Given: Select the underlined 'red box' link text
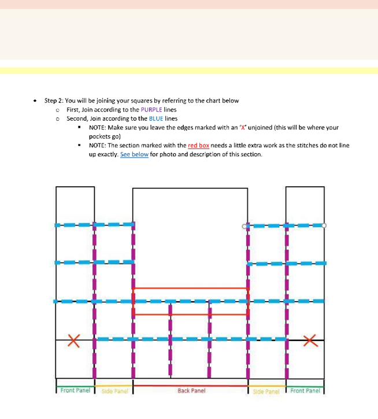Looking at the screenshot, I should click(x=198, y=146).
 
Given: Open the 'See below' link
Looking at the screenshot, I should click(x=134, y=155).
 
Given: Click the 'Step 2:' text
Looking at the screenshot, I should click(x=54, y=100).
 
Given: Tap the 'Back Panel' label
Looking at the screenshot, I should click(x=191, y=391).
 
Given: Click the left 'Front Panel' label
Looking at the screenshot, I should click(x=75, y=391).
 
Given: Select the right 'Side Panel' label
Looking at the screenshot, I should click(x=266, y=392).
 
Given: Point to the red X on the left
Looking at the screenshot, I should click(x=73, y=340).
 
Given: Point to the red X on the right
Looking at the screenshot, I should click(x=310, y=340).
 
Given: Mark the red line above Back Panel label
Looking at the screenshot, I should click(x=191, y=385).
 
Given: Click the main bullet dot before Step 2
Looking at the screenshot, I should click(x=36, y=101).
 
